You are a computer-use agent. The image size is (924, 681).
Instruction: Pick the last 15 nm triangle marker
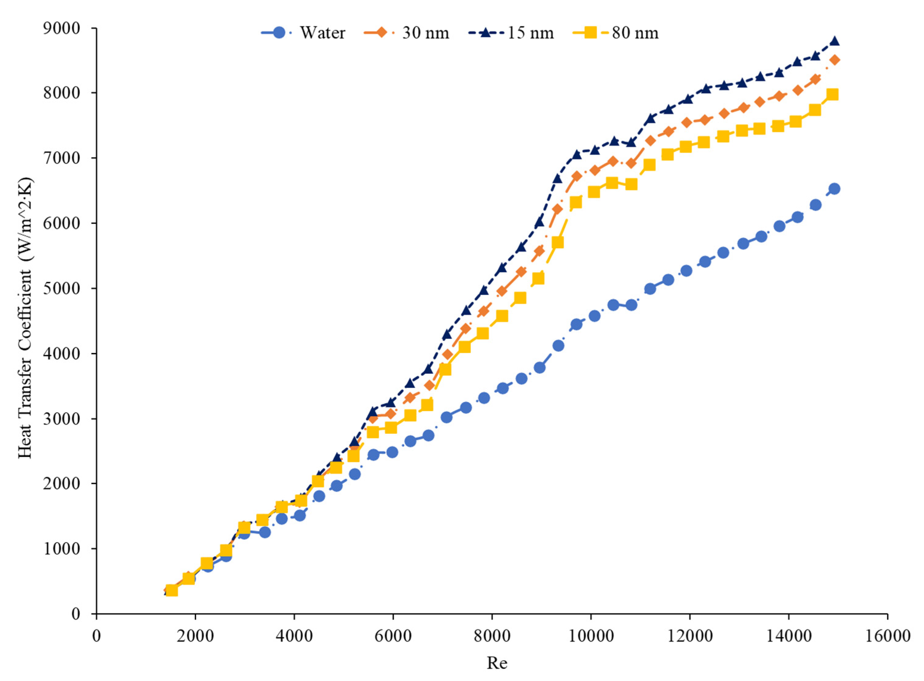835,41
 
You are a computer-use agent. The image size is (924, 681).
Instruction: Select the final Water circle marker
835,189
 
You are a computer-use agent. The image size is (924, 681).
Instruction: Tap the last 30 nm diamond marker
835,60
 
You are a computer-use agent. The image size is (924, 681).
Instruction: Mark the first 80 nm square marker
172,591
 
